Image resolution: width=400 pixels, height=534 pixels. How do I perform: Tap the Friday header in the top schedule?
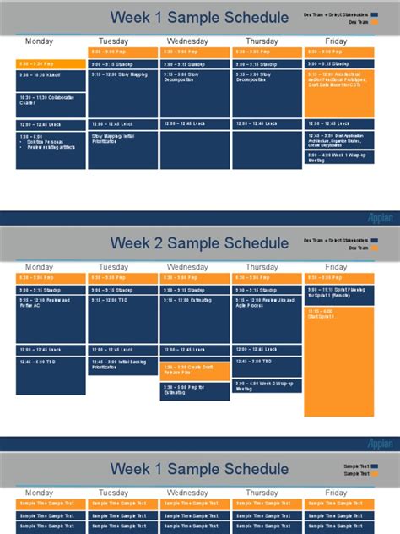pos(336,41)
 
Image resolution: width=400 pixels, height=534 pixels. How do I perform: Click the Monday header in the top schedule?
pos(39,41)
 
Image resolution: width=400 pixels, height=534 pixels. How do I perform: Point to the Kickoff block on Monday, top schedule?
pos(51,80)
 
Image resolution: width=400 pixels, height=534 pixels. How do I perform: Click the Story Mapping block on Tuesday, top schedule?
pos(123,93)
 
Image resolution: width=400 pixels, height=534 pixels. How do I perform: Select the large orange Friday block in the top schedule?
pos(340,93)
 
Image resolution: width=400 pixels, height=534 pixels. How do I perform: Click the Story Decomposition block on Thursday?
pos(267,93)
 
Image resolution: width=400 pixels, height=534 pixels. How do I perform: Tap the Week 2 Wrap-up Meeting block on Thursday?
pos(267,387)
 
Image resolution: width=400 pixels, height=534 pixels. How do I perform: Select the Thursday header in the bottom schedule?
pos(262,493)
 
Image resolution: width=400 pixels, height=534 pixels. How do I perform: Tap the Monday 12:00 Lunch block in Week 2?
pos(51,350)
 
